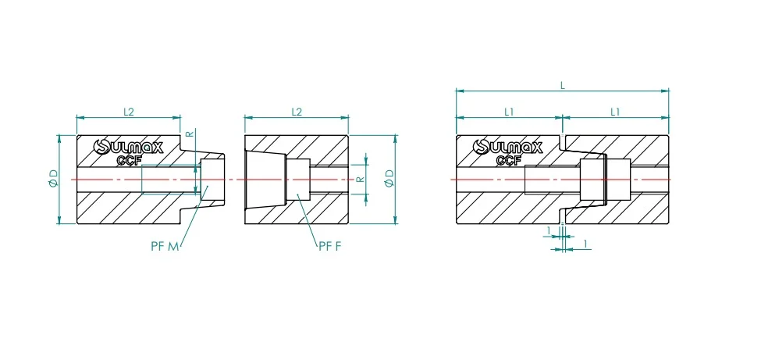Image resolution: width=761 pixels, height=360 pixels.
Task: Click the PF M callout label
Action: [165, 246]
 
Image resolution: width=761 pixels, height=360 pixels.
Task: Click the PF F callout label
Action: [330, 246]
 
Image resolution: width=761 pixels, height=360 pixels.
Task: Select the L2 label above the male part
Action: [128, 112]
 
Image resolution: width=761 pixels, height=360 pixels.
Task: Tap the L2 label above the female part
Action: [297, 112]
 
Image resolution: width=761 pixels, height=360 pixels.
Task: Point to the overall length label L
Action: [563, 85]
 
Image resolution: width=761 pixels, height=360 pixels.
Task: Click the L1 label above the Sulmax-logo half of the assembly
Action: [509, 112]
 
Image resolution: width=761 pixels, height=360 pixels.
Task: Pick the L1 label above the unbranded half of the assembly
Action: [615, 112]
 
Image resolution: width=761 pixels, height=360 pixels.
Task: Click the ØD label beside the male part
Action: [53, 179]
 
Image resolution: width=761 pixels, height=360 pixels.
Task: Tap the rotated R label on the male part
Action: [190, 134]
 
